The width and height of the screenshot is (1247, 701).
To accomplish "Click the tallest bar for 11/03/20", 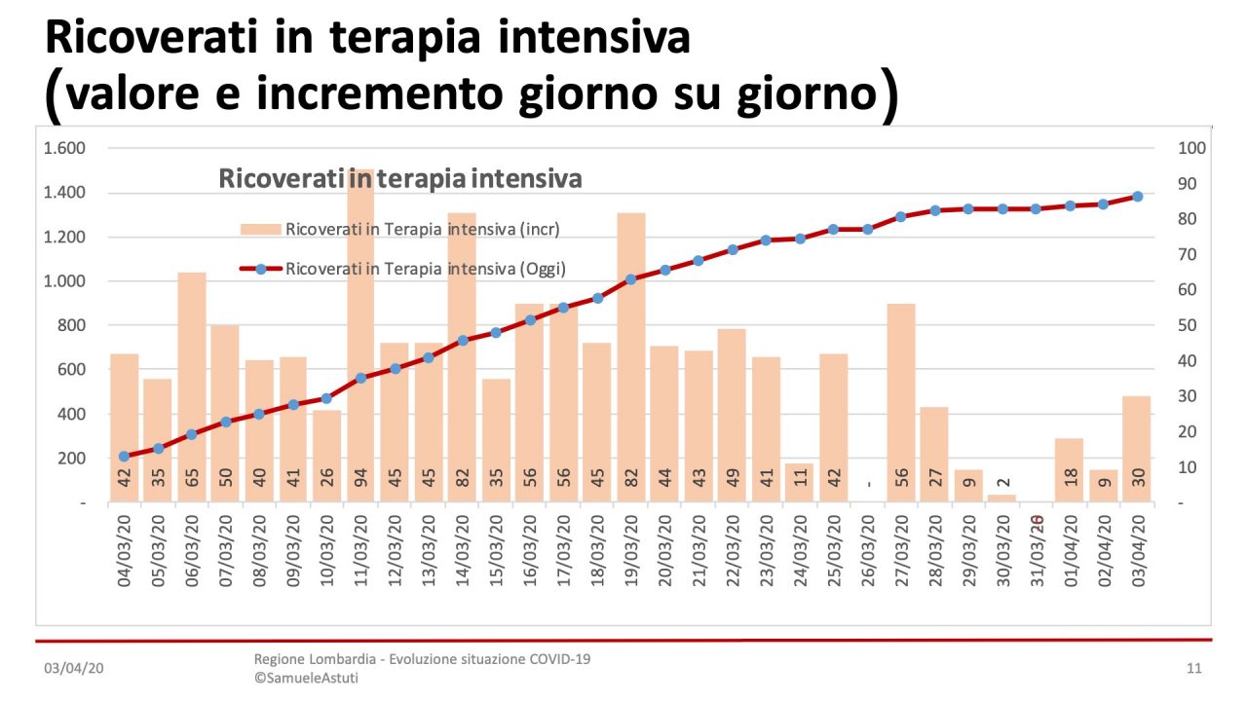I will pyautogui.click(x=360, y=331).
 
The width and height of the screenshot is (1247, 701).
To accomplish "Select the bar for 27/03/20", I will pyautogui.click(x=901, y=403).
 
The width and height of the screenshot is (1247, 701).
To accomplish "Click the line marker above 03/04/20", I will pyautogui.click(x=1137, y=197).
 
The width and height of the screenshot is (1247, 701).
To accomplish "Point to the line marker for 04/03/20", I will pyautogui.click(x=124, y=457).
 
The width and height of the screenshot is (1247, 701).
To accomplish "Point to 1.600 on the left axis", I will pyautogui.click(x=65, y=149).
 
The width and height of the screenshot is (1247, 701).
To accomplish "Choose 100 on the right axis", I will pyautogui.click(x=1192, y=149).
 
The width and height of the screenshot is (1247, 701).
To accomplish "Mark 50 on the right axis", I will pyautogui.click(x=1189, y=325).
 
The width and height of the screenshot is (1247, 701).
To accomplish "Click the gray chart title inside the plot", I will pyautogui.click(x=400, y=179).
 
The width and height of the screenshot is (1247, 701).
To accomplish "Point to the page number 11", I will pyautogui.click(x=1194, y=669).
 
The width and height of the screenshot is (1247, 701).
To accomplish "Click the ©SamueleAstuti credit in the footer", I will pyautogui.click(x=306, y=678).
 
